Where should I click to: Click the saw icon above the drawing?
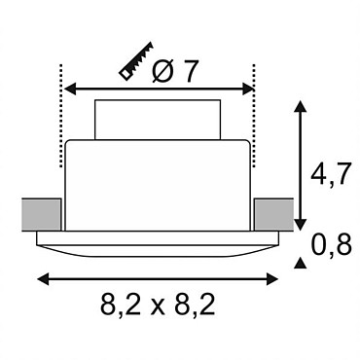tap(136, 60)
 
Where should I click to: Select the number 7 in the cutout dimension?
tap(189, 71)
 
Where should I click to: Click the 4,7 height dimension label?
tap(330, 174)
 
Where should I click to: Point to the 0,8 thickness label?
tap(332, 245)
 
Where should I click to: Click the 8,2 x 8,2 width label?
tap(158, 305)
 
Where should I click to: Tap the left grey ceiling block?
tap(41, 215)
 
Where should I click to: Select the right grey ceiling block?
tap(274, 215)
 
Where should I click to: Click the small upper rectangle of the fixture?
tap(158, 120)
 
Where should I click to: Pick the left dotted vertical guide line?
tap(60, 116)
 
